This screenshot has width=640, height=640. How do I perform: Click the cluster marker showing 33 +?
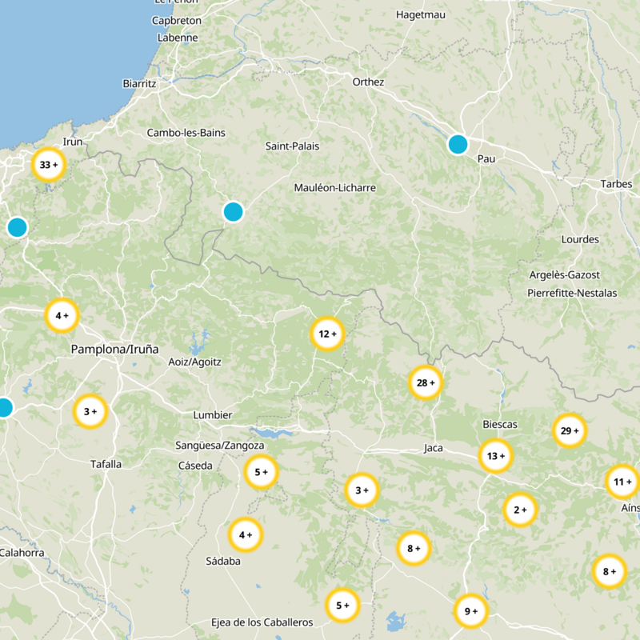coord(49,165)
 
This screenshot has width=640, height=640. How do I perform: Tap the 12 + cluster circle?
coord(327,334)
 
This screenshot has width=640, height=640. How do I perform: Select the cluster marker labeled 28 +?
coord(426,383)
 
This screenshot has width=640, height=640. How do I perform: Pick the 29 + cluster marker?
coord(570,431)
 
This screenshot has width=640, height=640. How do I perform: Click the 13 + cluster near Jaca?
coord(496,456)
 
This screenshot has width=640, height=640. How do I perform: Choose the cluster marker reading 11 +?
coord(622,482)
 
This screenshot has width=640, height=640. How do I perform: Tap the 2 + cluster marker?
coord(520,510)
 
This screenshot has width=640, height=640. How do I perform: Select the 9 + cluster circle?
coord(470,611)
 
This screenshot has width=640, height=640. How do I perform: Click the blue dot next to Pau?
coord(458,144)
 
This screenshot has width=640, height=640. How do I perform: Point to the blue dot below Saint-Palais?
coord(233,211)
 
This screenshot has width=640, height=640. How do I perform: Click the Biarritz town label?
coord(139,83)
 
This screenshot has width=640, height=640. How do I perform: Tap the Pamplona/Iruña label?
coord(114,350)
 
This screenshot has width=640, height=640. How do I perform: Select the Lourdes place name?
coord(580,239)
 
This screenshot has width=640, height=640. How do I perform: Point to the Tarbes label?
coord(616,184)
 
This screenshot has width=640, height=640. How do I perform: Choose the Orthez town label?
coord(368,82)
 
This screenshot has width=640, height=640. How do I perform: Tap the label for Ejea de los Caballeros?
coord(262,622)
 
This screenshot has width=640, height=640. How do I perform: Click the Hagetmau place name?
coord(420,14)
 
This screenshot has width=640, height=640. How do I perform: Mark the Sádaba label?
coord(222,561)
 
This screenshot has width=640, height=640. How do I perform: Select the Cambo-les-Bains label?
coord(186,133)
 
